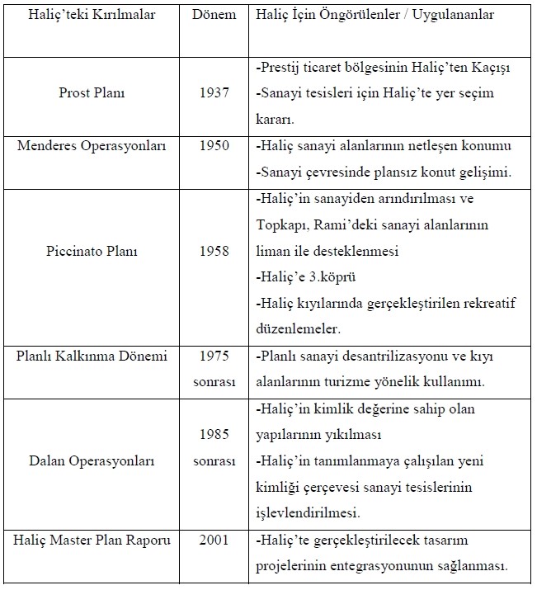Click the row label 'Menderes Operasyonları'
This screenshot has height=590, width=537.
click(x=97, y=147)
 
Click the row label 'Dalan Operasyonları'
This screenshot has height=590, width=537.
click(x=97, y=460)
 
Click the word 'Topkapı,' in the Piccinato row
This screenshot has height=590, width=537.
click(x=278, y=225)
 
